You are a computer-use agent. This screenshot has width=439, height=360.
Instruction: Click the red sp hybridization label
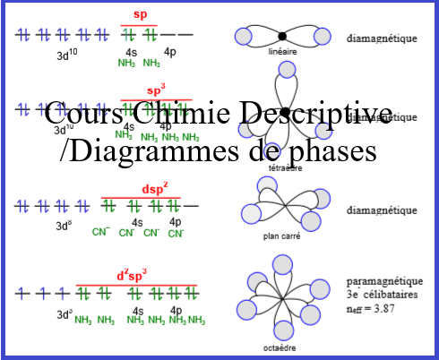(x=140, y=14)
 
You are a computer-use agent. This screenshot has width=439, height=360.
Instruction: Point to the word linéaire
(x=282, y=53)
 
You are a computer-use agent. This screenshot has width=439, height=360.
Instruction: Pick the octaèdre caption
(x=282, y=347)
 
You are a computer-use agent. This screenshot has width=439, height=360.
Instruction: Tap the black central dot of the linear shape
(x=282, y=36)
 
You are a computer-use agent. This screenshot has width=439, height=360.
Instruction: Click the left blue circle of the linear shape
(x=243, y=36)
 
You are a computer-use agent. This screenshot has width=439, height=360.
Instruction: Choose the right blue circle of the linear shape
(x=322, y=36)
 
